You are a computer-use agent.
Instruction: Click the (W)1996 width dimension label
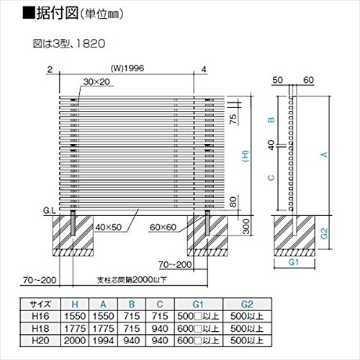tap(127, 68)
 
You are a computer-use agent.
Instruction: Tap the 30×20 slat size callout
tap(96, 82)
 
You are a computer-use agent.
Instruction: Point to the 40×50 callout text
tap(109, 227)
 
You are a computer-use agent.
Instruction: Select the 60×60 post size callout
tap(163, 227)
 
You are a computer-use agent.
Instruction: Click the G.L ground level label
tap(50, 211)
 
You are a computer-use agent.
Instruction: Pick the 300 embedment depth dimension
tap(246, 226)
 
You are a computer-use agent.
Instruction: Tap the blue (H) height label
tap(246, 156)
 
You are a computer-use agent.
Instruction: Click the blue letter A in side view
tap(325, 154)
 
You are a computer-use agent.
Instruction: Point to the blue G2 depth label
tap(324, 233)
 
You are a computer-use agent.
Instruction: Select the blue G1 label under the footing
tap(294, 262)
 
